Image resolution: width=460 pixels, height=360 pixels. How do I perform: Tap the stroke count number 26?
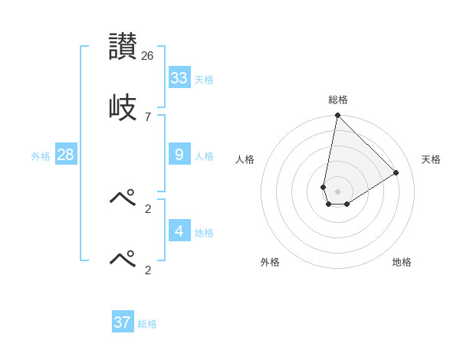(148, 56)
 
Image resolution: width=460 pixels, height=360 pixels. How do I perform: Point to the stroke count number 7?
(148, 116)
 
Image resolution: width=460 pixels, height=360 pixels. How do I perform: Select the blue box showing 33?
(179, 78)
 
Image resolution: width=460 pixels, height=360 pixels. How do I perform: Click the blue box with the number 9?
(179, 155)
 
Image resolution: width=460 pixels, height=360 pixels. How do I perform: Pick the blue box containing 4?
(179, 231)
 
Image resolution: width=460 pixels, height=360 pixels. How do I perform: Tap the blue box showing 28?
(65, 155)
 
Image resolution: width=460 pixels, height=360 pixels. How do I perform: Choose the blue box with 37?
(122, 322)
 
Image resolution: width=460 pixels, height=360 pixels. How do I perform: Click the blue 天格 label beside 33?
(204, 80)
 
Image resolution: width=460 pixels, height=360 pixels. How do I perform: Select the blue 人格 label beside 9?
(204, 156)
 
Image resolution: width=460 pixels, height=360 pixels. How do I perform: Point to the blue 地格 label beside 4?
(204, 233)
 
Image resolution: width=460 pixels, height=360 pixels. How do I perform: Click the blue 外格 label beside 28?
(41, 156)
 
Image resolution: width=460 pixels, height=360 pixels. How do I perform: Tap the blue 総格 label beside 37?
(147, 324)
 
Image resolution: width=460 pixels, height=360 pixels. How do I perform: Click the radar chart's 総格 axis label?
(338, 100)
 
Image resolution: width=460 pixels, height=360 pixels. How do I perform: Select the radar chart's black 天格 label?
(431, 159)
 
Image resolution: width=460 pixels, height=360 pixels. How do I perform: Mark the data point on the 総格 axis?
(337, 116)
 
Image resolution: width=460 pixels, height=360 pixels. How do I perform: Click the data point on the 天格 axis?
(396, 172)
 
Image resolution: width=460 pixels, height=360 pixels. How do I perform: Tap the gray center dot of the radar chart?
(337, 191)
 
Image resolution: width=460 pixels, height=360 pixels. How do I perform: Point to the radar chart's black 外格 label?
(270, 262)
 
